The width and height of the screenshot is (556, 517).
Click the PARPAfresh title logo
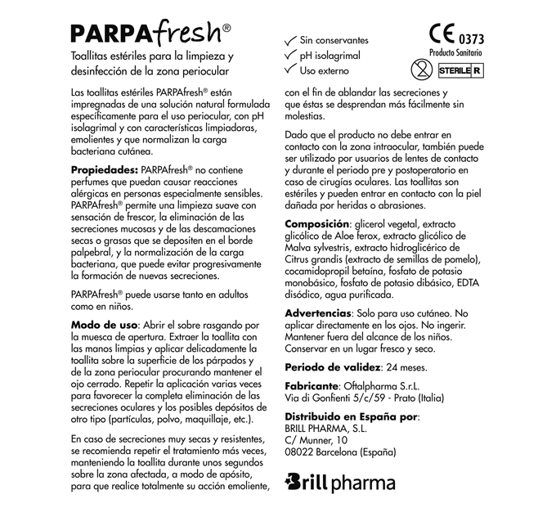[150, 32]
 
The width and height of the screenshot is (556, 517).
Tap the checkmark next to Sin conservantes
[289, 38]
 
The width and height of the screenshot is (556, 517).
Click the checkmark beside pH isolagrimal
[289, 55]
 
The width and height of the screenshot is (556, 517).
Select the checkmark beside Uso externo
[289, 70]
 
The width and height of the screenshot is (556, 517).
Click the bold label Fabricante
[312, 385]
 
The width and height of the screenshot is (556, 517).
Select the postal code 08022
[300, 452]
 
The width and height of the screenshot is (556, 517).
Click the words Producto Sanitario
[455, 52]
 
